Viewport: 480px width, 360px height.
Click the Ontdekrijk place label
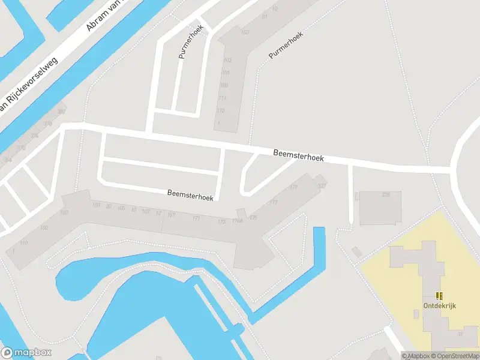click(440, 305)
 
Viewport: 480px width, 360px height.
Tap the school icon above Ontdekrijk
click(440, 295)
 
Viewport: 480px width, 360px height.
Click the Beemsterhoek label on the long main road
click(298, 156)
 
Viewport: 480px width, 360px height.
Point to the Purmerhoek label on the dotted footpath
click(286, 45)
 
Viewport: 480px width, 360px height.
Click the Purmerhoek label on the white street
click(191, 43)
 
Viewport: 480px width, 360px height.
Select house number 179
click(293, 188)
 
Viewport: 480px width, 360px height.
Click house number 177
click(274, 202)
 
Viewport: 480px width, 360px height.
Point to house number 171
click(196, 218)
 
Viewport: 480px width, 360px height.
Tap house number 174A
click(238, 221)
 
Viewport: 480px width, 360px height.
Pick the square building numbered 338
click(379, 207)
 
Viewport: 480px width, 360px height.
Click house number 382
click(61, 112)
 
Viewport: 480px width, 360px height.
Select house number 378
click(47, 124)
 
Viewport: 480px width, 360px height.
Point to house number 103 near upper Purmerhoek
click(244, 32)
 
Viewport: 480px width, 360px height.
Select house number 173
click(222, 221)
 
